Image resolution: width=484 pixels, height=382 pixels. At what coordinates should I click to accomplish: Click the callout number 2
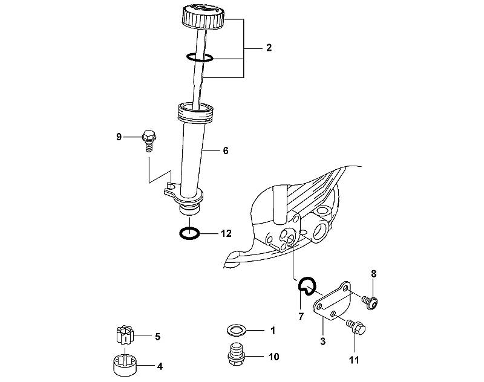click(269, 48)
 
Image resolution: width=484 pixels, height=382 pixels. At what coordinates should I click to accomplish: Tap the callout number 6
click(226, 151)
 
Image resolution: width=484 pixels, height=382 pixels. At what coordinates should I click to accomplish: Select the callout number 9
click(119, 137)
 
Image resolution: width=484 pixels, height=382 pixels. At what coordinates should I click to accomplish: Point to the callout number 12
click(226, 233)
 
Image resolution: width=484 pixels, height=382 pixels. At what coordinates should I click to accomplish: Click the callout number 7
click(301, 316)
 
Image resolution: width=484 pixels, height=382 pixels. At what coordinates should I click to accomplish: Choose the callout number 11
click(354, 360)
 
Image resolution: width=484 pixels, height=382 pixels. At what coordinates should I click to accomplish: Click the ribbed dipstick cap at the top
click(203, 17)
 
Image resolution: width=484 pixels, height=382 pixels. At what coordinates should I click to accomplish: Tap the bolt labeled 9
click(149, 141)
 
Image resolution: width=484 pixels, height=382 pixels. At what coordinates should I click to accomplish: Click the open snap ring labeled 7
click(299, 285)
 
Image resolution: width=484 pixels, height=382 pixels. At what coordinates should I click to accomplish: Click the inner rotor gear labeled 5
click(125, 335)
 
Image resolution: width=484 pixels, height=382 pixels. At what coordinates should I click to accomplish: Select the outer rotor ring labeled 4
click(125, 365)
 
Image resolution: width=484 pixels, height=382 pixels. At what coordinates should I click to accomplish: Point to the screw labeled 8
click(370, 302)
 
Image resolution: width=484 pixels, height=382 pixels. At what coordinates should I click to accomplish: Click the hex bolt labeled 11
click(356, 327)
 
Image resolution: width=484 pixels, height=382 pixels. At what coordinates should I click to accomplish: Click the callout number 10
click(274, 357)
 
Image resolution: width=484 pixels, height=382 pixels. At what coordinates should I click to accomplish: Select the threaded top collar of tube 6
click(195, 112)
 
